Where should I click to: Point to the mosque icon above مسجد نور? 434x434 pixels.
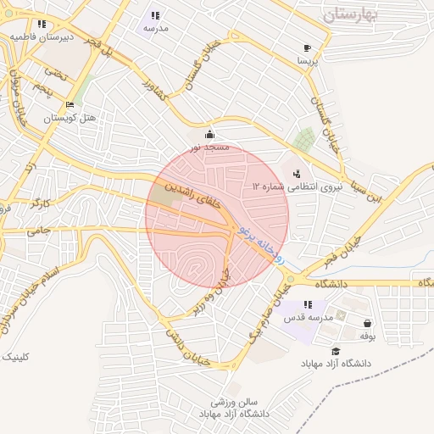210,134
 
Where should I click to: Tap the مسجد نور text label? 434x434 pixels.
209,147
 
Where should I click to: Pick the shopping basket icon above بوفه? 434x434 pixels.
367,323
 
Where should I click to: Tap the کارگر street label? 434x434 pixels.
41,203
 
